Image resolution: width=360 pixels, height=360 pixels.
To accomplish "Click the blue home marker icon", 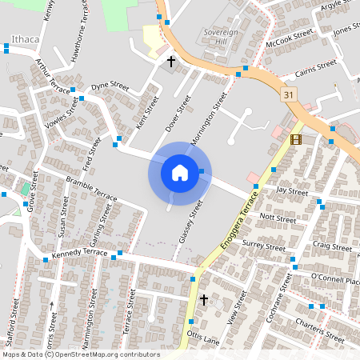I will [x=180, y=172].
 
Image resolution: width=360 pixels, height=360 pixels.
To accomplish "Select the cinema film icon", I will [x=297, y=139].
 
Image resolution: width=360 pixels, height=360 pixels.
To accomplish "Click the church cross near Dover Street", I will [x=170, y=61].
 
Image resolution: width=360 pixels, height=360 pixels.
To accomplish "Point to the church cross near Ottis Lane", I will [x=203, y=300].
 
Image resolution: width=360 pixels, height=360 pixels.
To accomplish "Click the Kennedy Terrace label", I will [x=79, y=253].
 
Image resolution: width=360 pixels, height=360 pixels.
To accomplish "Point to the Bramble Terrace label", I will [x=91, y=187].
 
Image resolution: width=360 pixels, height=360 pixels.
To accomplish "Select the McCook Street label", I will [x=290, y=39].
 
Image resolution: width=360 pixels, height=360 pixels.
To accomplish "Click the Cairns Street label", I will [x=315, y=67].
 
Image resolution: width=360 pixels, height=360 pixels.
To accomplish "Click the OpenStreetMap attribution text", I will [x=80, y=354].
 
